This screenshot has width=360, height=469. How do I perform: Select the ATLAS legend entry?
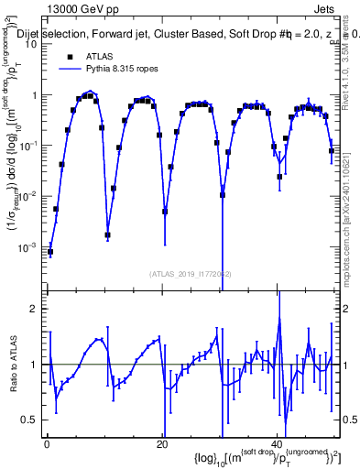click(95, 54)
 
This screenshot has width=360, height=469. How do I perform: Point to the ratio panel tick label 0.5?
click(32, 420)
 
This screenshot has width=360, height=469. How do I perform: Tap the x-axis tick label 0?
click(47, 444)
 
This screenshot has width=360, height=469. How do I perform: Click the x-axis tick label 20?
click(162, 444)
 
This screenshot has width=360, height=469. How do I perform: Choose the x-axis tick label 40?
click(278, 444)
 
